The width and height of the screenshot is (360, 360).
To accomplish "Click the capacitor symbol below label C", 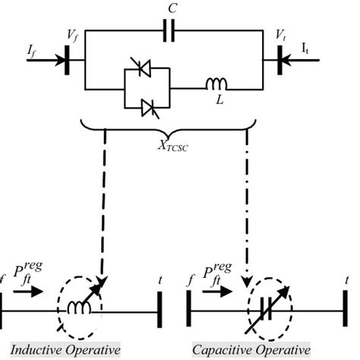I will click(172, 32).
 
